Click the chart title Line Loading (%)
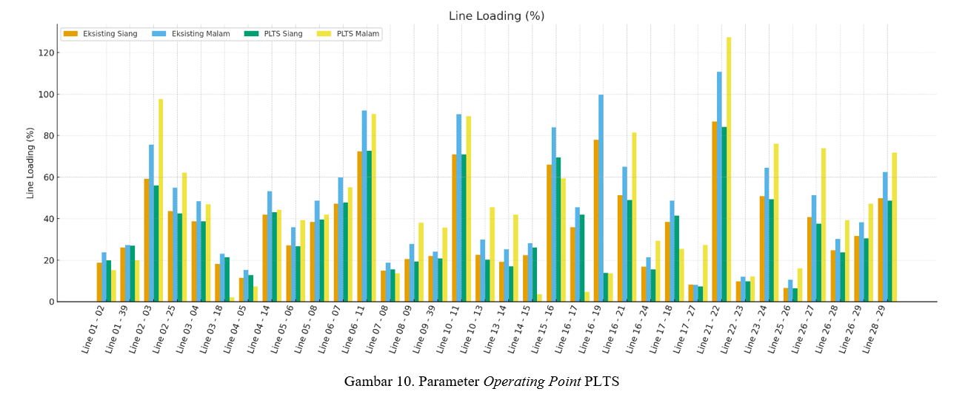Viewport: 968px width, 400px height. (x=496, y=16)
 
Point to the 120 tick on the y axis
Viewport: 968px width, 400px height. (x=47, y=53)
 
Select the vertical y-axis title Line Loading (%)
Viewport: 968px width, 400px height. (x=31, y=163)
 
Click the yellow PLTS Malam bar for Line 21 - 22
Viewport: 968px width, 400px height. (x=729, y=170)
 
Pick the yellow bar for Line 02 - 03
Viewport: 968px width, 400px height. (x=161, y=200)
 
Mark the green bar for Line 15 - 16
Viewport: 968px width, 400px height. (x=558, y=229)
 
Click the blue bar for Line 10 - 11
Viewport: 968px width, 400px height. (x=459, y=208)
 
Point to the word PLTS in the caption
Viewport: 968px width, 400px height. (x=601, y=382)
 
